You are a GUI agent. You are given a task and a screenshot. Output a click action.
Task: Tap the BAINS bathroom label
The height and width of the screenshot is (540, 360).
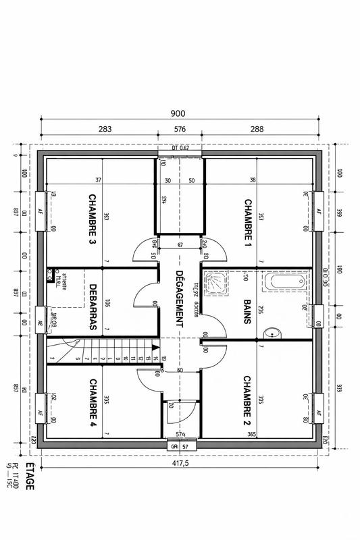pos(248,313)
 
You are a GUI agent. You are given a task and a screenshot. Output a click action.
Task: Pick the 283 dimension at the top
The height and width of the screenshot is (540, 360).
pos(105,128)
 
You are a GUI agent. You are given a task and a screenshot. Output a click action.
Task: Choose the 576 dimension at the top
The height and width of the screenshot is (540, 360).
pos(180,128)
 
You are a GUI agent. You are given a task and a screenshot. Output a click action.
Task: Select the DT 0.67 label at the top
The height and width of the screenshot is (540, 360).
pos(180,148)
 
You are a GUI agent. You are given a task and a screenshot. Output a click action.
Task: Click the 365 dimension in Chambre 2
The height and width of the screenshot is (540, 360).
pos(252,434)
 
